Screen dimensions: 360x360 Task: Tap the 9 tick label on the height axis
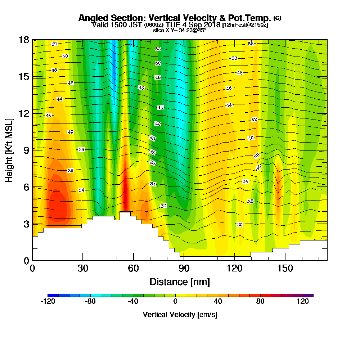[x=24, y=150]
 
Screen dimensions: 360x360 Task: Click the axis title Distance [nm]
[x=180, y=282]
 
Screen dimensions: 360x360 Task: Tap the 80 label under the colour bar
[x=260, y=302]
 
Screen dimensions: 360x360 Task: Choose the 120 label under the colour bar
[x=303, y=302]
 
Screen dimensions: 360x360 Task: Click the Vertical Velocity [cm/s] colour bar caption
[x=180, y=315]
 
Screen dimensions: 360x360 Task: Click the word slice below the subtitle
[x=159, y=30]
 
